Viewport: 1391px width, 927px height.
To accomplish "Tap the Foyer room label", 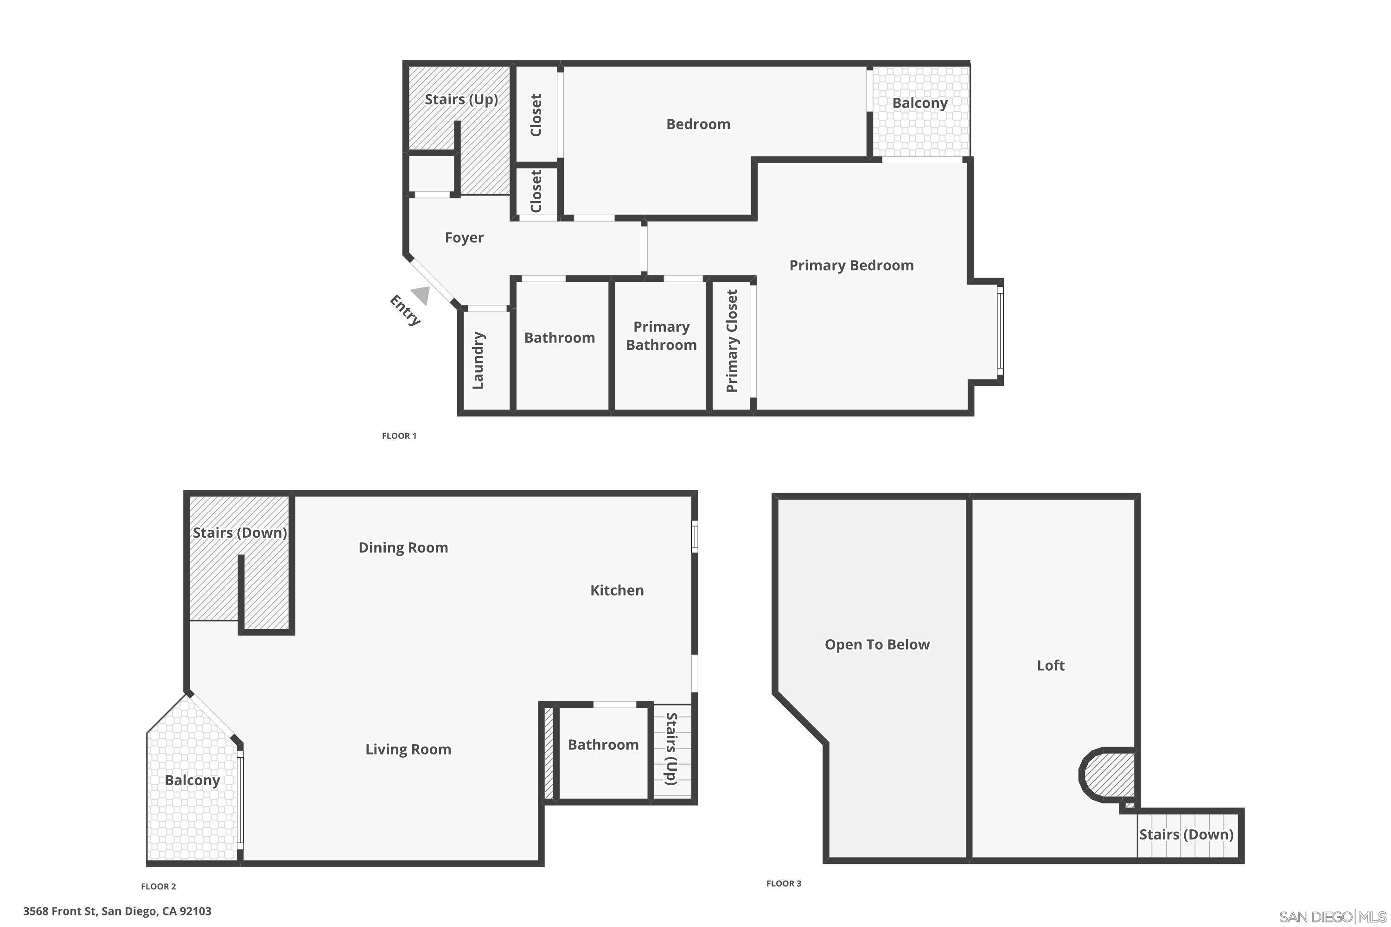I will tap(464, 238).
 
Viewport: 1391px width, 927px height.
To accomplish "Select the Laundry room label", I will tap(479, 360).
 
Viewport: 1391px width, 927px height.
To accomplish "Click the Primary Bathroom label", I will tap(661, 336).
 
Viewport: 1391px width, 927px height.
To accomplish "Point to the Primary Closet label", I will tap(732, 341).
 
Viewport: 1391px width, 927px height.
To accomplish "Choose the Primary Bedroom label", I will tap(851, 266).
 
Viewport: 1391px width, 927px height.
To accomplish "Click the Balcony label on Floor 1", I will tap(919, 103).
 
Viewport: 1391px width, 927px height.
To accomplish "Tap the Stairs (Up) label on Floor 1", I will tap(461, 99).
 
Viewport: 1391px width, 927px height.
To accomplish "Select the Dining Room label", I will tap(403, 547).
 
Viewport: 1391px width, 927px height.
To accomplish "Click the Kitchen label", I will tap(617, 590).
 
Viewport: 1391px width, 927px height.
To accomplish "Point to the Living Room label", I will tap(408, 749).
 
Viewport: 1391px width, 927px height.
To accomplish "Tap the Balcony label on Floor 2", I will tap(192, 781).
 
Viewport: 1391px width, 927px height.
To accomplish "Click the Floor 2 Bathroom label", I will tap(603, 745).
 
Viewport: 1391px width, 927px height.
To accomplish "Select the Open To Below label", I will tap(877, 644).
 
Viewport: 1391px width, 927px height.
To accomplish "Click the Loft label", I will tap(1050, 666).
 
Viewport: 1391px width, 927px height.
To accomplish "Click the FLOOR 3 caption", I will tap(784, 884).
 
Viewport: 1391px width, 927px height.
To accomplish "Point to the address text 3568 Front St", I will tap(117, 911).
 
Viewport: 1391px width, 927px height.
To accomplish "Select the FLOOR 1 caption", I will tap(399, 436).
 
